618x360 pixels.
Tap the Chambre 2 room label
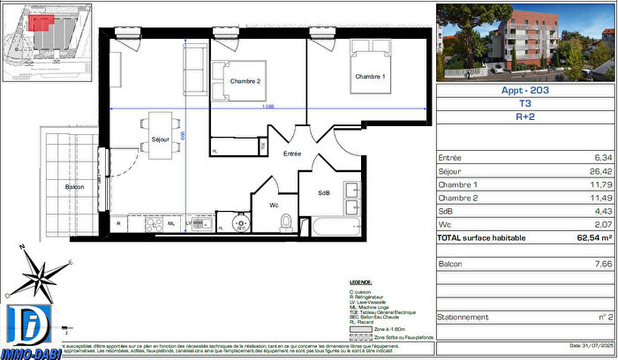[245, 81]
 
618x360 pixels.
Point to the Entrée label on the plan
[292, 154]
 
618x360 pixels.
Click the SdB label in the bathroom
[324, 193]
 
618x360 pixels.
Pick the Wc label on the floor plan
[275, 205]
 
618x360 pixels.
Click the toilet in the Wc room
[285, 222]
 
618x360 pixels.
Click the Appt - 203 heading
[526, 89]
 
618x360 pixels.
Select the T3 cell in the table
[526, 101]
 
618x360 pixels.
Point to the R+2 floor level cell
[526, 115]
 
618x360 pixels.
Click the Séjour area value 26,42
[599, 172]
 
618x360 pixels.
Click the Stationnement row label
[463, 317]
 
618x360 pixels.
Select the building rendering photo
[526, 41]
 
